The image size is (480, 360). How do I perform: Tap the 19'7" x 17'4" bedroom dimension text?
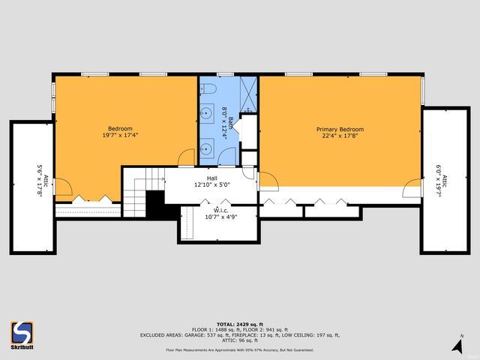[120, 136]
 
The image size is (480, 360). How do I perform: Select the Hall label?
[212, 177]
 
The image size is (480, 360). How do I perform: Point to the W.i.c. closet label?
[220, 210]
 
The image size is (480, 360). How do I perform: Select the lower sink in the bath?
[205, 148]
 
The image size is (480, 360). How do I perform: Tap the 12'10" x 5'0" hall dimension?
[212, 184]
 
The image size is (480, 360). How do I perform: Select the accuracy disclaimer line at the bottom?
[240, 349]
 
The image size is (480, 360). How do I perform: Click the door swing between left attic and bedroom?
[63, 187]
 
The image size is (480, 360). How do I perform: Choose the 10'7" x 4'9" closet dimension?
[220, 217]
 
